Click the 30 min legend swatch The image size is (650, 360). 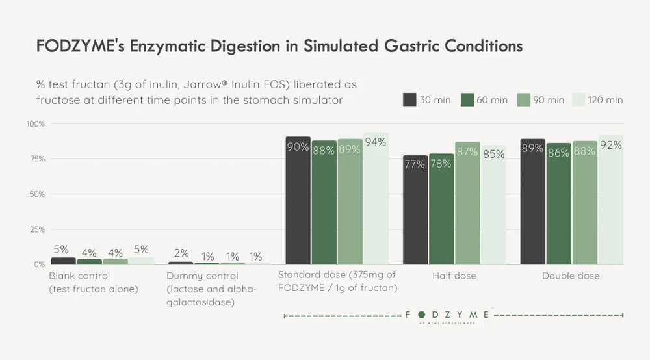tap(409, 99)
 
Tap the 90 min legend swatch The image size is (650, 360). tap(524, 99)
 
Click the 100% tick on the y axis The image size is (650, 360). tap(35, 123)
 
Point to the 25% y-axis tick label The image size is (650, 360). tap(36, 229)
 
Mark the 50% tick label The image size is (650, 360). tap(36, 194)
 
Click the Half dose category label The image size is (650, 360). tap(454, 276)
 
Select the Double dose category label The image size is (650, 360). tap(571, 276)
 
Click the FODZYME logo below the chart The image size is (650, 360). tap(448, 316)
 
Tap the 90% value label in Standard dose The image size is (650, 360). tap(298, 148)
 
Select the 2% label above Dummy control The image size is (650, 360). tap(181, 253)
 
